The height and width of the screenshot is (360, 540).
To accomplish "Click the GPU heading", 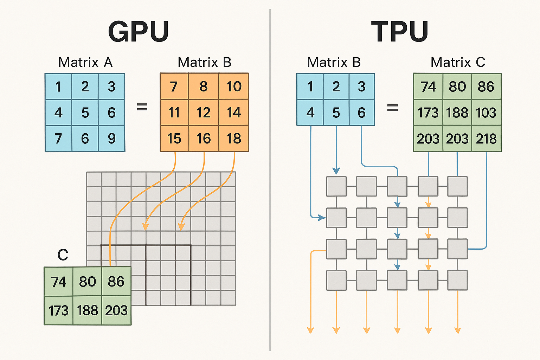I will tap(139, 32).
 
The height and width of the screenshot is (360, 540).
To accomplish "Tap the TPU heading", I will tap(400, 32).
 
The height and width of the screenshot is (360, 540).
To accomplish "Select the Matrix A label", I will tap(85, 62).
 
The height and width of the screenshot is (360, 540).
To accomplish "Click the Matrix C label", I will tap(458, 62).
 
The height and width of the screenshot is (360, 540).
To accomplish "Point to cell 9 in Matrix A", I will tap(111, 139).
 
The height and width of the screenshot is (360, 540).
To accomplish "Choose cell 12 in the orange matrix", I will tap(204, 112).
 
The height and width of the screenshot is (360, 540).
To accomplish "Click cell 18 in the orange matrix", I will tap(234, 139).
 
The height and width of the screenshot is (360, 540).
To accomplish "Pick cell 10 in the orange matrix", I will tap(234, 86).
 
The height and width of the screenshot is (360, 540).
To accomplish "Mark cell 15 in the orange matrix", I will tap(174, 139).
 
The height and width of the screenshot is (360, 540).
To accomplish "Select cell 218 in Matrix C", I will tap(486, 139).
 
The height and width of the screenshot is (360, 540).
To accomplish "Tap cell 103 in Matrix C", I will tap(486, 112).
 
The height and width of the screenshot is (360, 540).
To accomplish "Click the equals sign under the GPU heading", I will tap(142, 107).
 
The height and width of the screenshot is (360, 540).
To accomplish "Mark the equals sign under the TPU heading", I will tap(392, 107).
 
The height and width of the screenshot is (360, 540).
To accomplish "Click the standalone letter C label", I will tap(63, 255).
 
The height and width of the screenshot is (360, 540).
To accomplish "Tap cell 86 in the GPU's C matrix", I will tap(116, 282).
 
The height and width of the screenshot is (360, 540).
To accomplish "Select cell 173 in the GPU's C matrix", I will tap(58, 310).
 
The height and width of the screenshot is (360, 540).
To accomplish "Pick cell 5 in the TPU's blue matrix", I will tap(336, 112).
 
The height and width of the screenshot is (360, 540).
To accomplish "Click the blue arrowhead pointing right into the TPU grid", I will tap(322, 218).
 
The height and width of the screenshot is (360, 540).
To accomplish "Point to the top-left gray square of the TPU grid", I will tap(336, 186).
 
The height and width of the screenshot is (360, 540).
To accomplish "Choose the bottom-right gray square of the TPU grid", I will tap(457, 280).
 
